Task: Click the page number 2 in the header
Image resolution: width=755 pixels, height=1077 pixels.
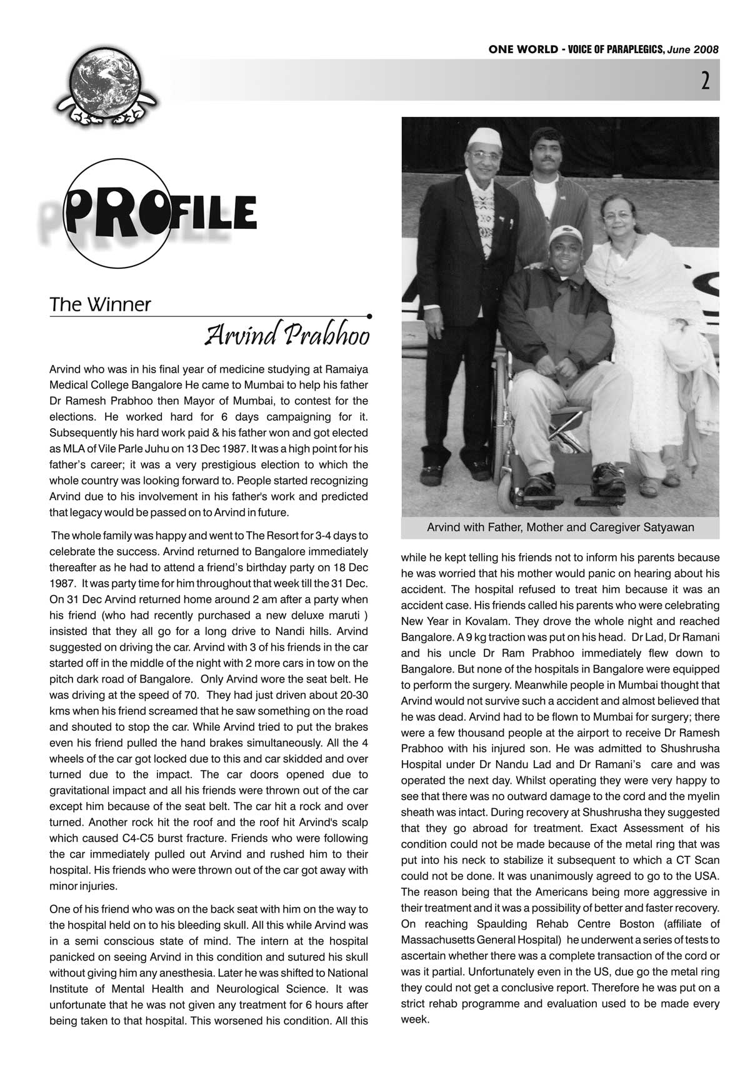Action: point(705,81)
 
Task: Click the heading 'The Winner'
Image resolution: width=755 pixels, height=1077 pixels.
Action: point(100,305)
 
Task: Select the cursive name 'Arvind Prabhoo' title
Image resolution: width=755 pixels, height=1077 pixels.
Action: point(287,336)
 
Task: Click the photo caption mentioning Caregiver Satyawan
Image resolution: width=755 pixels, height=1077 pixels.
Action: point(560,528)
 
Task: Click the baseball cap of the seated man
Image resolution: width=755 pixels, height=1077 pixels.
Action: point(565,234)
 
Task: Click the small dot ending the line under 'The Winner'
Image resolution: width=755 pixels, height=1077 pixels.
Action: point(370,316)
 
